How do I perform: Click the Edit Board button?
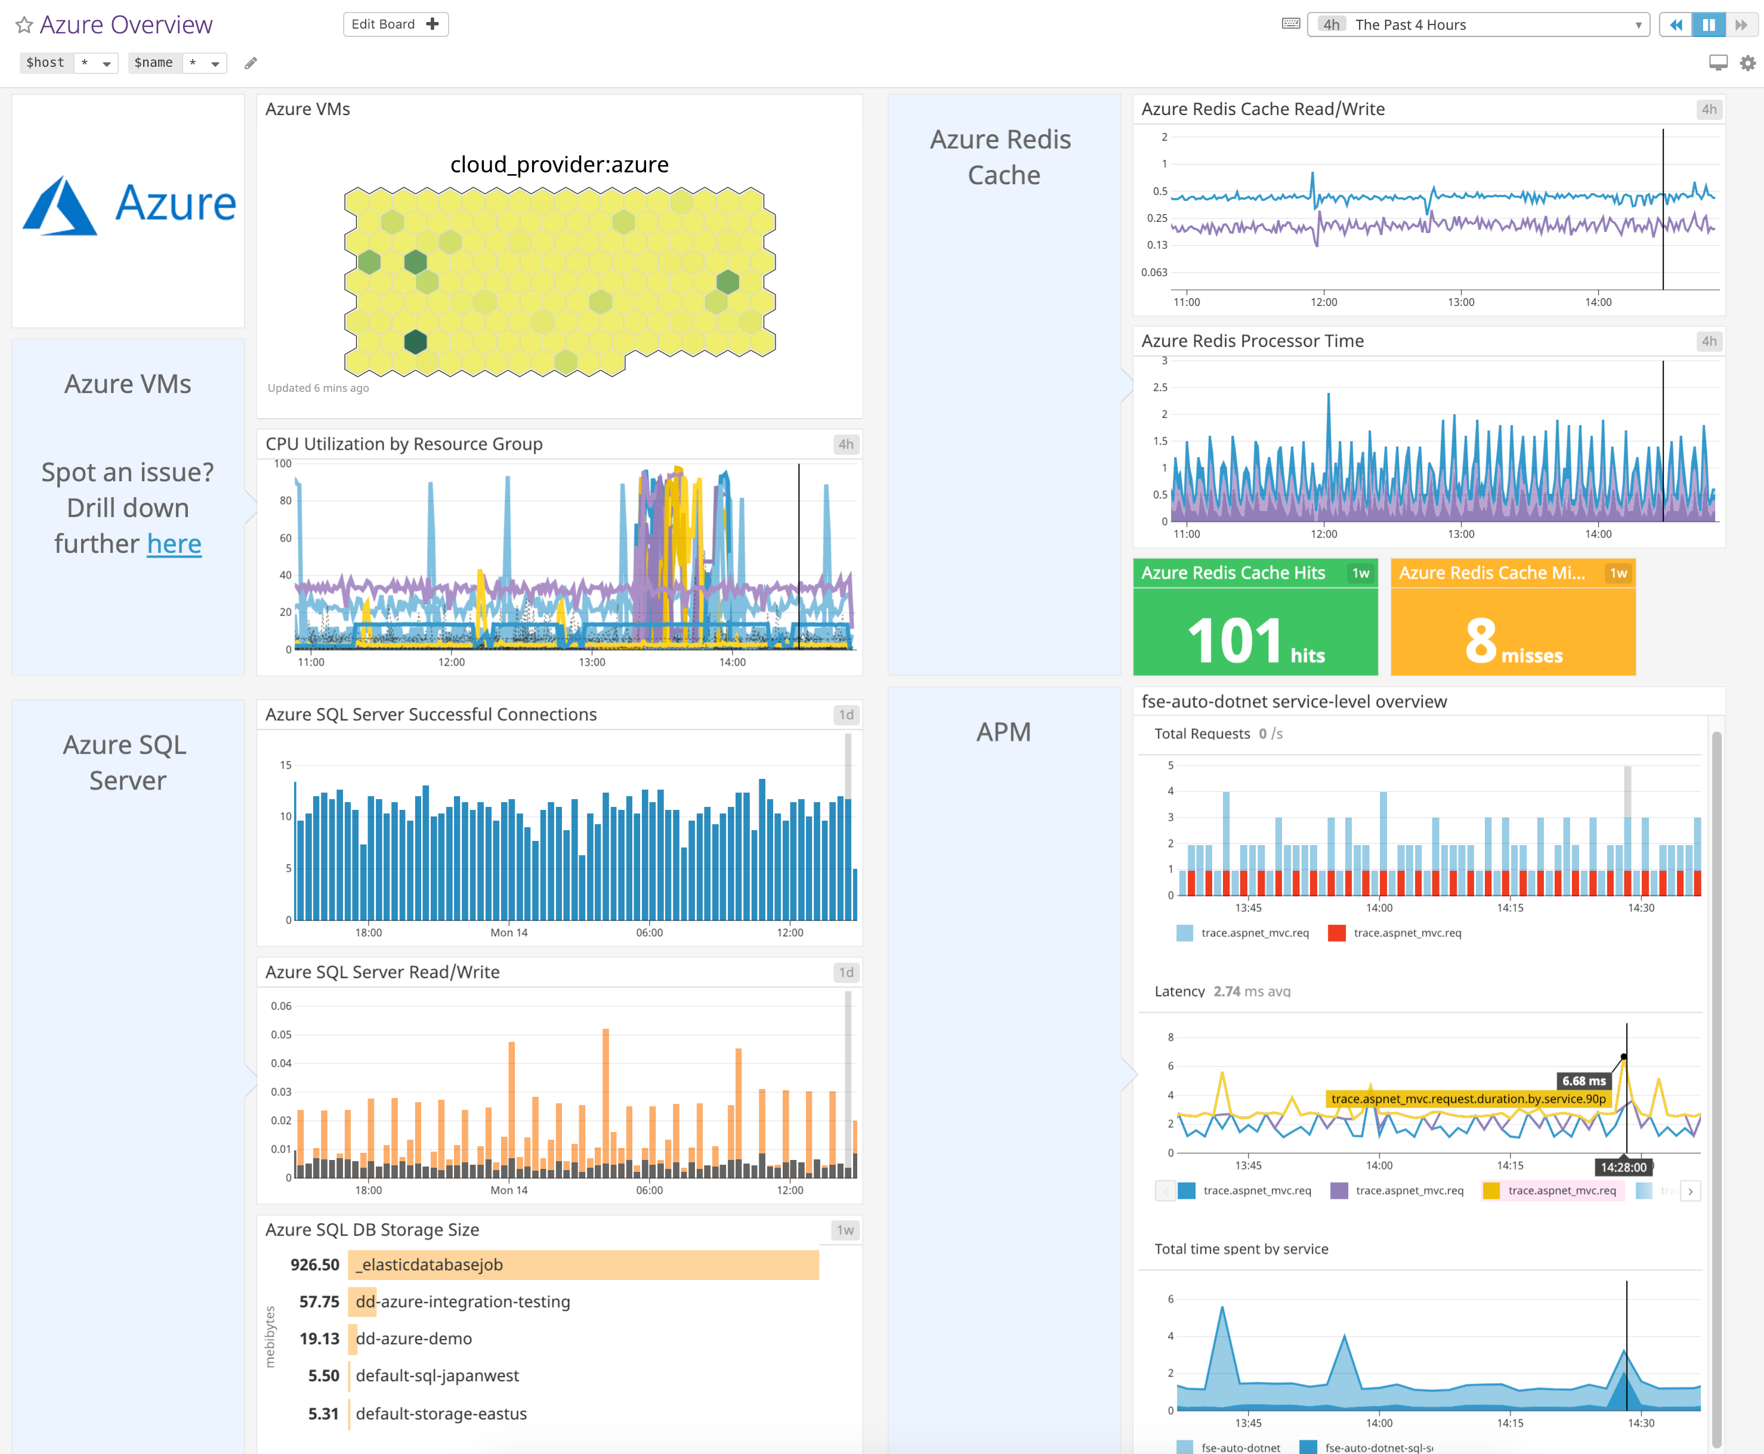click(396, 24)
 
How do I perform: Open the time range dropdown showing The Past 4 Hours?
click(1478, 25)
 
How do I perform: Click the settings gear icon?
click(1747, 63)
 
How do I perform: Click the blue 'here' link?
click(174, 545)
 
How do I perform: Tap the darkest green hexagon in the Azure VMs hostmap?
click(415, 342)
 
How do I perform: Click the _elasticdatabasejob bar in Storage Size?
click(583, 1265)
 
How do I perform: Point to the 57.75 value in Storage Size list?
click(319, 1301)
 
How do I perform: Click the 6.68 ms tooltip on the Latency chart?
click(1583, 1081)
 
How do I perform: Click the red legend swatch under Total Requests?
click(1337, 933)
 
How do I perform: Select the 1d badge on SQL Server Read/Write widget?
click(846, 972)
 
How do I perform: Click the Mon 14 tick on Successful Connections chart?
click(508, 933)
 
